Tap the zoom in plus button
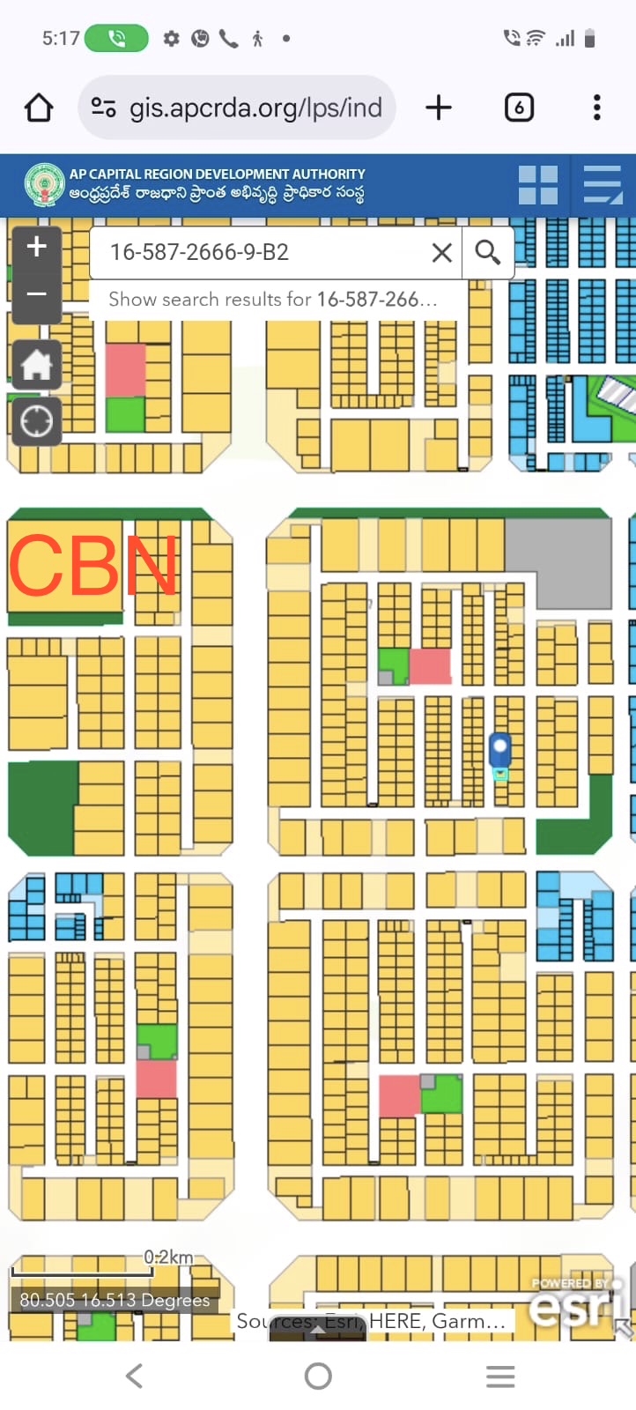pyautogui.click(x=36, y=247)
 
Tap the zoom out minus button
pyautogui.click(x=36, y=293)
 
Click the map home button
pyautogui.click(x=36, y=364)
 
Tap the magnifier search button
pyautogui.click(x=487, y=253)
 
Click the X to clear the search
pyautogui.click(x=441, y=253)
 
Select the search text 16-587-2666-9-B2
pyautogui.click(x=199, y=253)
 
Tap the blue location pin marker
pyautogui.click(x=499, y=751)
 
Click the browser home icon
pyautogui.click(x=39, y=108)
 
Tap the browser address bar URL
pyautogui.click(x=255, y=108)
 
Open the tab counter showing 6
pyautogui.click(x=519, y=108)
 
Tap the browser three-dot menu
pyautogui.click(x=597, y=108)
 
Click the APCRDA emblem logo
pyautogui.click(x=44, y=184)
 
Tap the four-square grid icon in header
pyautogui.click(x=537, y=185)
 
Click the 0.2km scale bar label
pyautogui.click(x=168, y=1257)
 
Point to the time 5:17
pyautogui.click(x=61, y=38)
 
